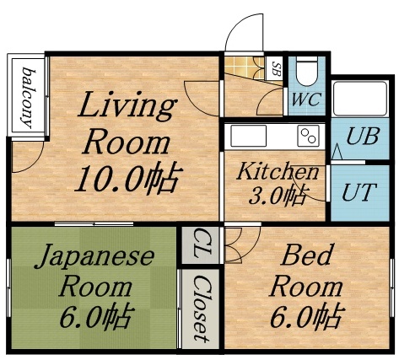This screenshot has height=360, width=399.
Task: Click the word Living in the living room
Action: coord(127,106)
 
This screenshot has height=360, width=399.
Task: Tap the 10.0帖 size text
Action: coord(128,178)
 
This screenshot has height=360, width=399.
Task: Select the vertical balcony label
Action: coord(28,94)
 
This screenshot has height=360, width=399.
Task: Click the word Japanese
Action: coord(94,256)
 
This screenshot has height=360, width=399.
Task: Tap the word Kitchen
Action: coord(277,172)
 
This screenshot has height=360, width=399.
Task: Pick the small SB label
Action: coord(275,68)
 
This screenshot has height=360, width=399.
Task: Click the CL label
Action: coord(200,244)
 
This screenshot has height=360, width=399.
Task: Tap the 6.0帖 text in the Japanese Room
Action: coord(94,316)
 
